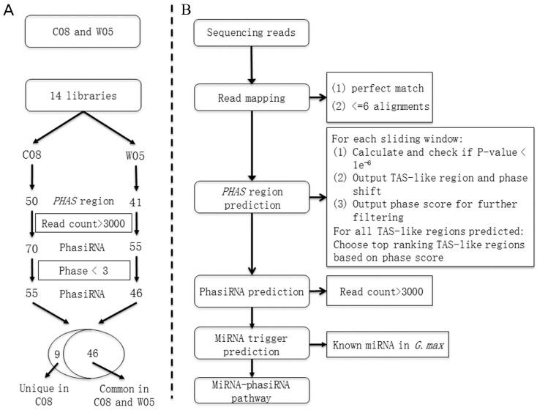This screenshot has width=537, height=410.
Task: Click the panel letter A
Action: click(x=9, y=10)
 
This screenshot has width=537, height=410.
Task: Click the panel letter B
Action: click(x=187, y=10)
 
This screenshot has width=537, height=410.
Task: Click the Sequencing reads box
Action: click(x=251, y=33)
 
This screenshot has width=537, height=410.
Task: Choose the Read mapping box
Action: click(x=251, y=97)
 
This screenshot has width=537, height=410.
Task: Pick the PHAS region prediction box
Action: click(x=251, y=197)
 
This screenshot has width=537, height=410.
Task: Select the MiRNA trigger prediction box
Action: click(x=251, y=341)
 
